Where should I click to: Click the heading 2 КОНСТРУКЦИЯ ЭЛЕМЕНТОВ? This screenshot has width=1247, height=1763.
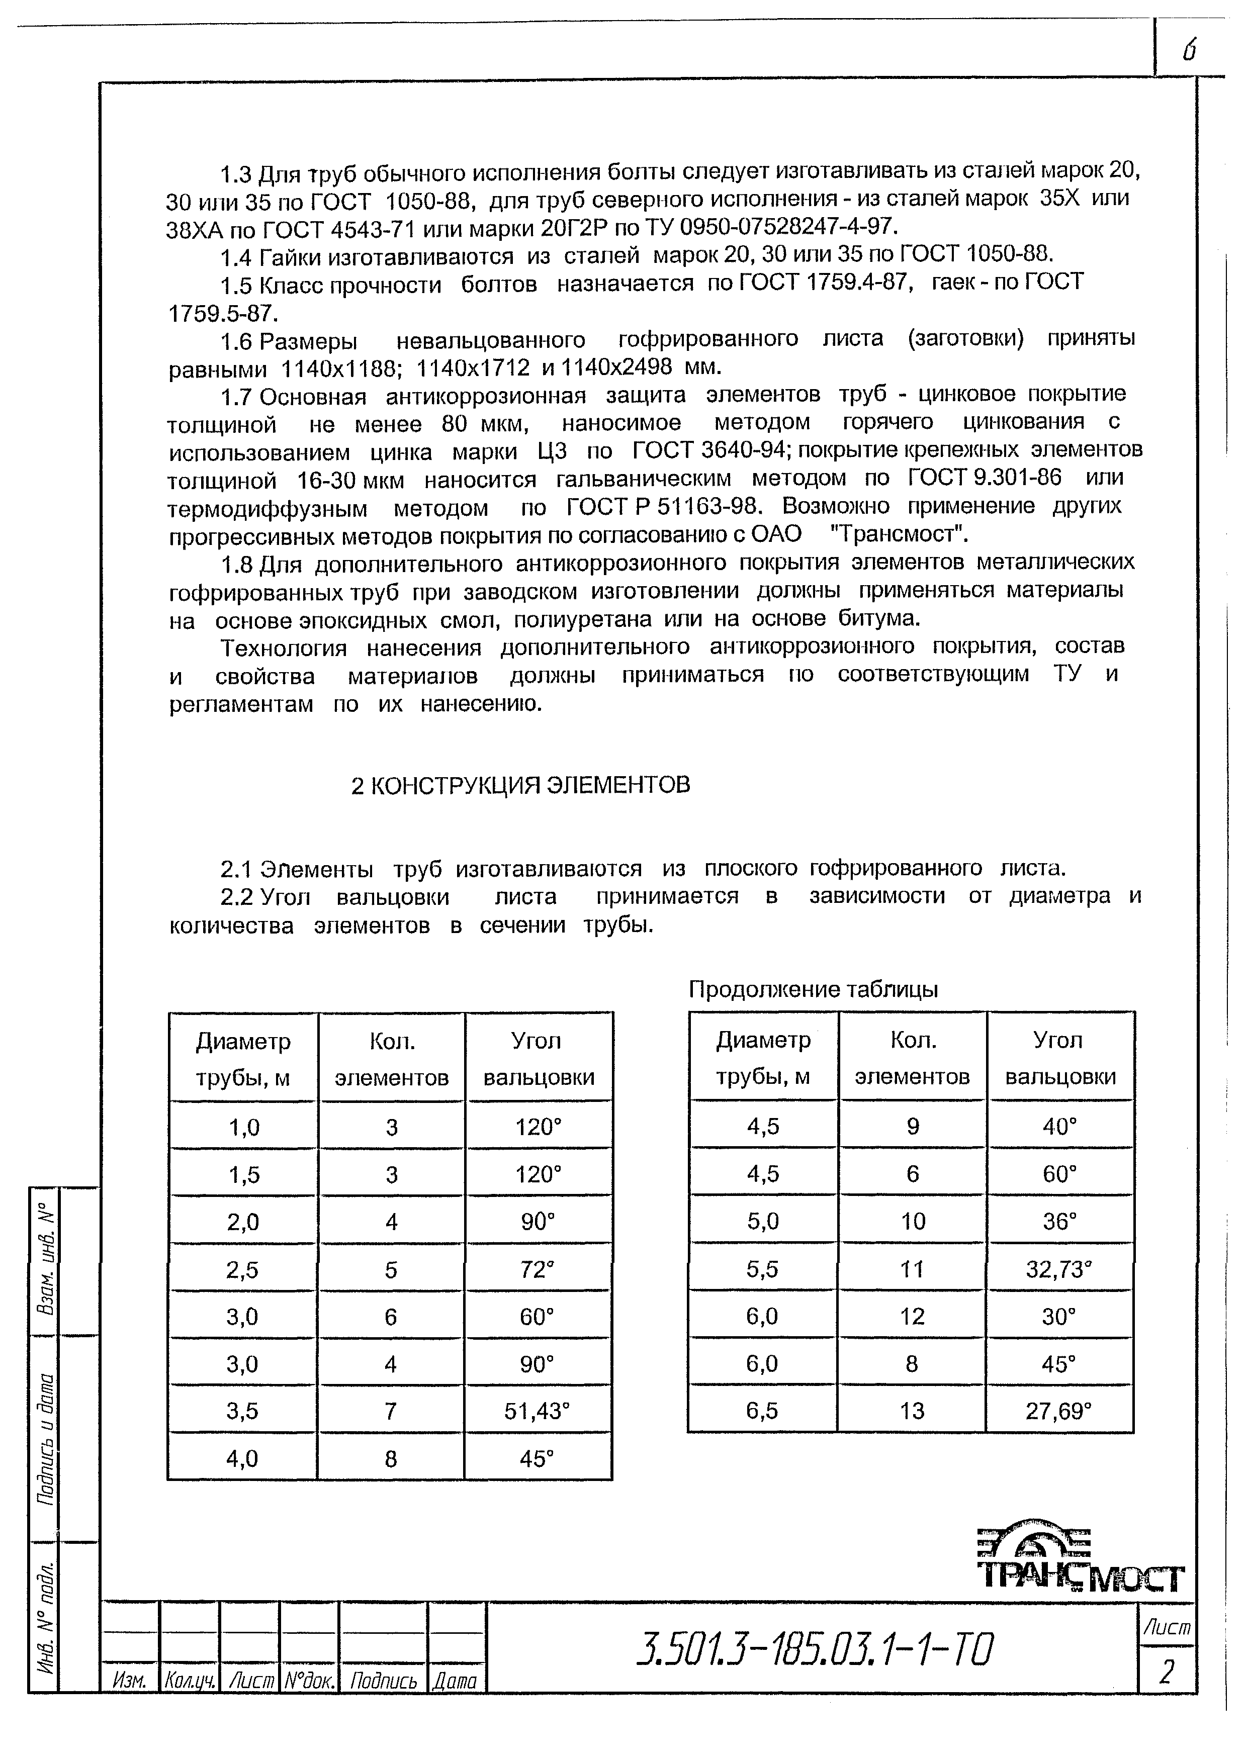click(x=520, y=785)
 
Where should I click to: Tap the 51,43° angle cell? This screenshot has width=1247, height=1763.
click(x=538, y=1411)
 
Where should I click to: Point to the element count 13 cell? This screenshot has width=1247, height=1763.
click(x=912, y=1411)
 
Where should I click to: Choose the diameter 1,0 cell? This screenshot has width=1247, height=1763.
click(x=243, y=1127)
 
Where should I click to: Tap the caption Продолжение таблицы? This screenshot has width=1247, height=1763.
click(x=813, y=990)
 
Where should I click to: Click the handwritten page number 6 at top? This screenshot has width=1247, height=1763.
click(x=1189, y=51)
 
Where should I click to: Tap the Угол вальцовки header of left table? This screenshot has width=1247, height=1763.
click(x=538, y=1059)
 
